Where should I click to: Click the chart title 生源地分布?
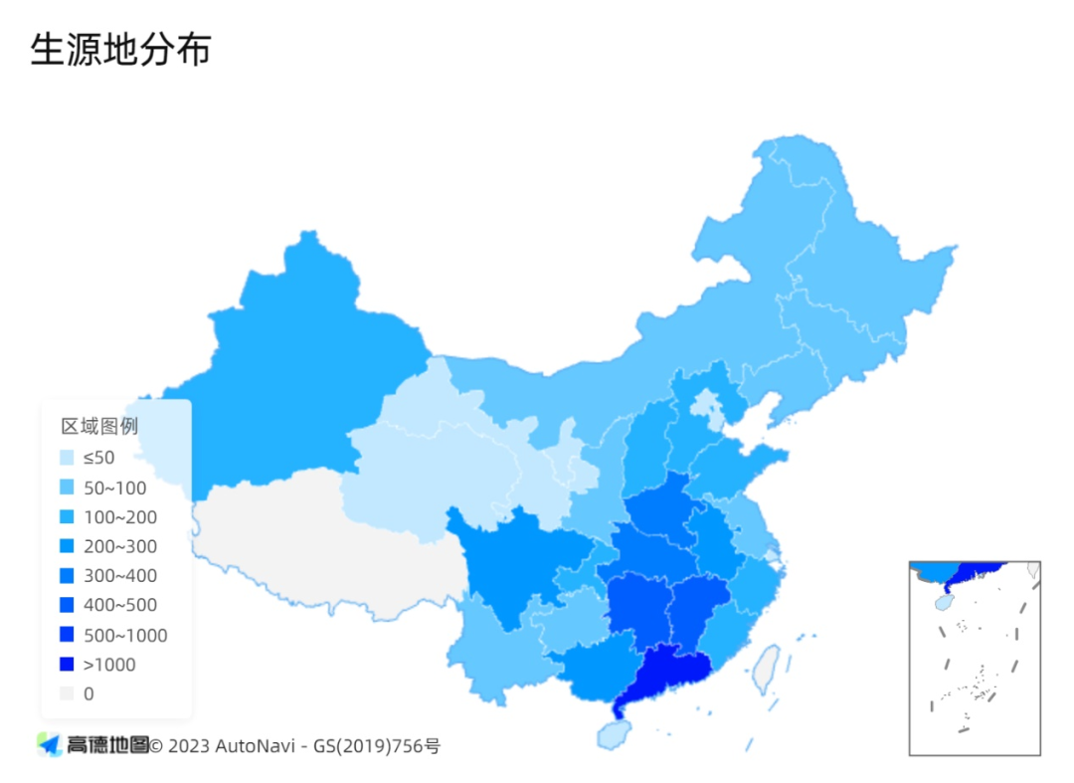(x=120, y=49)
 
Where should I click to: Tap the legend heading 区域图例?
(x=99, y=427)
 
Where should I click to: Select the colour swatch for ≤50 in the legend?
(x=67, y=458)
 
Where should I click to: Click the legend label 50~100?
(x=114, y=488)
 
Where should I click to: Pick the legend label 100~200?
(x=119, y=517)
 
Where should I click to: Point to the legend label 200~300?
(x=119, y=546)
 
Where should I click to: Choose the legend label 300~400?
(x=119, y=576)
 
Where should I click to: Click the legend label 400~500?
(x=119, y=605)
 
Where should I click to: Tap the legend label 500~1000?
(x=124, y=635)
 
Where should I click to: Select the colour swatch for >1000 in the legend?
(x=67, y=665)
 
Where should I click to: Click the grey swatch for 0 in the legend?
(x=67, y=693)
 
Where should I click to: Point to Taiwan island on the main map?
(x=765, y=669)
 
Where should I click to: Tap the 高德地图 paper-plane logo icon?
(x=49, y=744)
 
